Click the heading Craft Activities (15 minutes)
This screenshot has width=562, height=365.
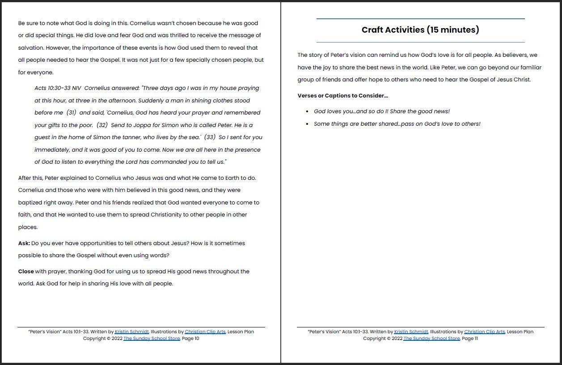tap(420, 30)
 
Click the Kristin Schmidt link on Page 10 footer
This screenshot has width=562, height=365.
tap(131, 332)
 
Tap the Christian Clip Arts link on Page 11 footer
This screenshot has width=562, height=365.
tap(484, 332)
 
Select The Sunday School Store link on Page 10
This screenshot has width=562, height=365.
tap(152, 339)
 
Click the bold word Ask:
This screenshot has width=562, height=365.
tap(24, 243)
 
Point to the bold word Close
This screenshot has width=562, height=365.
tap(26, 272)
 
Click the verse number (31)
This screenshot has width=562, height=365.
tap(72, 113)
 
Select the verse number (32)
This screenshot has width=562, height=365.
tap(102, 125)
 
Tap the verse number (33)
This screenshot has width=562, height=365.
tap(210, 137)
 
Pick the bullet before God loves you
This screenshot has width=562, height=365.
tap(307, 111)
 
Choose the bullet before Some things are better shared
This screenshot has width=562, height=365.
tap(307, 124)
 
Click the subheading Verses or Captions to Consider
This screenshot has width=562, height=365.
tap(342, 96)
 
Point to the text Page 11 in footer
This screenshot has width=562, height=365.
tap(470, 339)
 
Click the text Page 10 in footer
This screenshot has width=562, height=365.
tap(190, 339)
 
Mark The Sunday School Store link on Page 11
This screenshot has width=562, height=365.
tap(431, 339)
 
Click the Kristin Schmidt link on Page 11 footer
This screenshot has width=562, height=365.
tap(411, 332)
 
